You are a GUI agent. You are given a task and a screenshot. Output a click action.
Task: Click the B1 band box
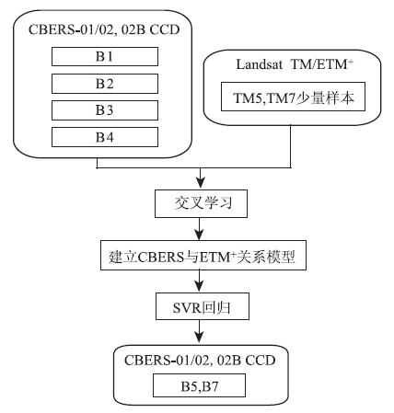coord(105,56)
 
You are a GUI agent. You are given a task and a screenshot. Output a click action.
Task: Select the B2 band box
coord(105,84)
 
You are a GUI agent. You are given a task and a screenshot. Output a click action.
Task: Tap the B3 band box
coord(105,110)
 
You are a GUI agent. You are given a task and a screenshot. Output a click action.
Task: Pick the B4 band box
coord(105,137)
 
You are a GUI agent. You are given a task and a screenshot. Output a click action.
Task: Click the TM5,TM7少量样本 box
coord(293,97)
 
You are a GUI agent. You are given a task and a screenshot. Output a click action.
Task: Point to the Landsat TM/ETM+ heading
coord(295,64)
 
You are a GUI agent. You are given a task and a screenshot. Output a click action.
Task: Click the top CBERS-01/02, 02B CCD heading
coord(104,29)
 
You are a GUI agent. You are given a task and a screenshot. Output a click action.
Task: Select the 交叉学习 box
coord(201,204)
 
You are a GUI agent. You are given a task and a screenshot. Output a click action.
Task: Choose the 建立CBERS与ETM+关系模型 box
coord(203,255)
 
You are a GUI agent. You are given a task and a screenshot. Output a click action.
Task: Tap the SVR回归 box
coord(203,306)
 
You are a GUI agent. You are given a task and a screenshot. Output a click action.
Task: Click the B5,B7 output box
coord(199,385)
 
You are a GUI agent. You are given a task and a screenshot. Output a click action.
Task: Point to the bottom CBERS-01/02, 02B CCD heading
coord(200,360)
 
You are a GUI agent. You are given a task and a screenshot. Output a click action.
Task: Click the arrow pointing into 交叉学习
coord(201,178)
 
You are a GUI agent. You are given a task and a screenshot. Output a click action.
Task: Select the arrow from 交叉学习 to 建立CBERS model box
coord(200,229)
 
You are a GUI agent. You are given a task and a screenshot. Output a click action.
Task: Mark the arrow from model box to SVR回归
coord(200,281)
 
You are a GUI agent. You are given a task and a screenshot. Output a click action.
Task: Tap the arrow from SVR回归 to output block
coord(200,331)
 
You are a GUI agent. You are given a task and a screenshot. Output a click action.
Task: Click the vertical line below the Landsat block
coord(291,146)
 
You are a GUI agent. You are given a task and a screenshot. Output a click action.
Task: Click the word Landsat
coord(260,64)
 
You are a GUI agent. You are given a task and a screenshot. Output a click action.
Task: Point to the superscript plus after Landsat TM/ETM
coord(351,62)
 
